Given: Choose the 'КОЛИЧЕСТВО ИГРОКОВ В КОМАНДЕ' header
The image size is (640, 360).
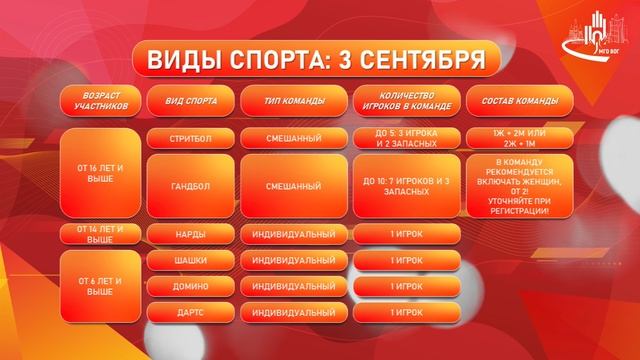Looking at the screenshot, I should [x=406, y=102].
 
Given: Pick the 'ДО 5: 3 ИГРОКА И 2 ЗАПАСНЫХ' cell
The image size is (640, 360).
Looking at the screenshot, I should [x=406, y=138].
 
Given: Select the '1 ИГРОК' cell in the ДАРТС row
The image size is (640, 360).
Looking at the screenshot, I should [x=406, y=311].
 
